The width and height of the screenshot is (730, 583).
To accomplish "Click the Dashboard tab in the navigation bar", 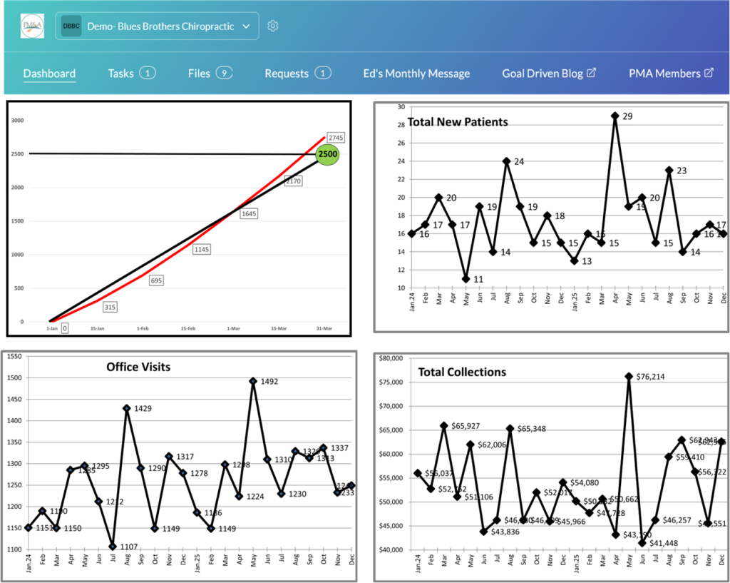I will pos(49,73).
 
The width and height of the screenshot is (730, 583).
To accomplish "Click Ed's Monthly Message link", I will pos(416,73).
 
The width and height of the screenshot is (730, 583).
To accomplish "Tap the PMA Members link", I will pos(671,73).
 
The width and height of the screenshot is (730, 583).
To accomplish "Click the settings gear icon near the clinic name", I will pos(272,26).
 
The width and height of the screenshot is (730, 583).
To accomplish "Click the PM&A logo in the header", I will pos(33,26).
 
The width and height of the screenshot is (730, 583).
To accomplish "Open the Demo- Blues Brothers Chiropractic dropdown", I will pos(156,26).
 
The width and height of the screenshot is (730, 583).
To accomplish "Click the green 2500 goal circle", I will pos(327,154).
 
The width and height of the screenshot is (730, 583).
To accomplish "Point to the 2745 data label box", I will pos(336,137).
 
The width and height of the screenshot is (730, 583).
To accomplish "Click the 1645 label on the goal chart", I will pos(249,213).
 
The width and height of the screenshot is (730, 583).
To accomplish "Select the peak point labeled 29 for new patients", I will pos(614,116).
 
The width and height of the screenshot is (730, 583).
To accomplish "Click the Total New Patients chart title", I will pos(458,122).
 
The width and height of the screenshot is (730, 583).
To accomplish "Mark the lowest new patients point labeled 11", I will pos(466,278).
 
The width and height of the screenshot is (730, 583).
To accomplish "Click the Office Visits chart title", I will pos(139,367).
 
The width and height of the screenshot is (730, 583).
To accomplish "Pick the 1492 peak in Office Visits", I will pos(252,381).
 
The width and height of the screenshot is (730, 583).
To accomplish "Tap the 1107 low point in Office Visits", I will pos(112,546).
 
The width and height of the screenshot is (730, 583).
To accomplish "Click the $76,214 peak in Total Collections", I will pos(629,376).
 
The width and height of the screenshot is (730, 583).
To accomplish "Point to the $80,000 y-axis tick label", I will pos(396,358).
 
